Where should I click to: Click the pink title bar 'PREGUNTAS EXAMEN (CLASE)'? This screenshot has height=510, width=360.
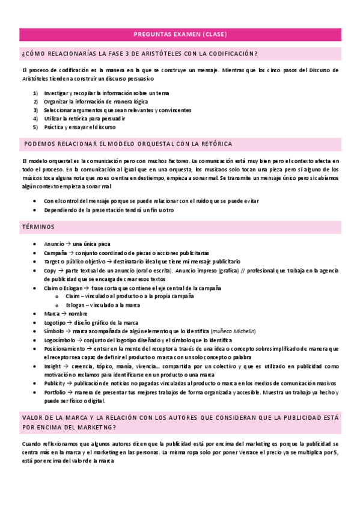point(180,34)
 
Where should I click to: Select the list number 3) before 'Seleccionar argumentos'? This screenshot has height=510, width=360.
point(35,110)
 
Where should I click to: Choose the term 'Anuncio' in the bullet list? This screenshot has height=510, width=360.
point(54,245)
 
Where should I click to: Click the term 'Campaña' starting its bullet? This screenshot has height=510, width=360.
point(55,253)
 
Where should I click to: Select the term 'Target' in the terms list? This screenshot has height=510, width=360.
point(52,262)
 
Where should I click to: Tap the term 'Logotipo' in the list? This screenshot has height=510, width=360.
point(56,322)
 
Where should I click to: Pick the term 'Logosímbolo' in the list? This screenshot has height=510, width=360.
point(59,340)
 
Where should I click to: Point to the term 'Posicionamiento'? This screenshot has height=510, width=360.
point(64,349)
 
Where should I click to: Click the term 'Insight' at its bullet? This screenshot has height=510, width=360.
point(52,366)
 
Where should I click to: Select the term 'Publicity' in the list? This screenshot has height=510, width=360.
point(54,383)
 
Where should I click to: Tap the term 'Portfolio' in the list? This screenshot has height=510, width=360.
point(55,392)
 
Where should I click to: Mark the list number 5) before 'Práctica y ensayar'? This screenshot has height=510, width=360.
point(35,127)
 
